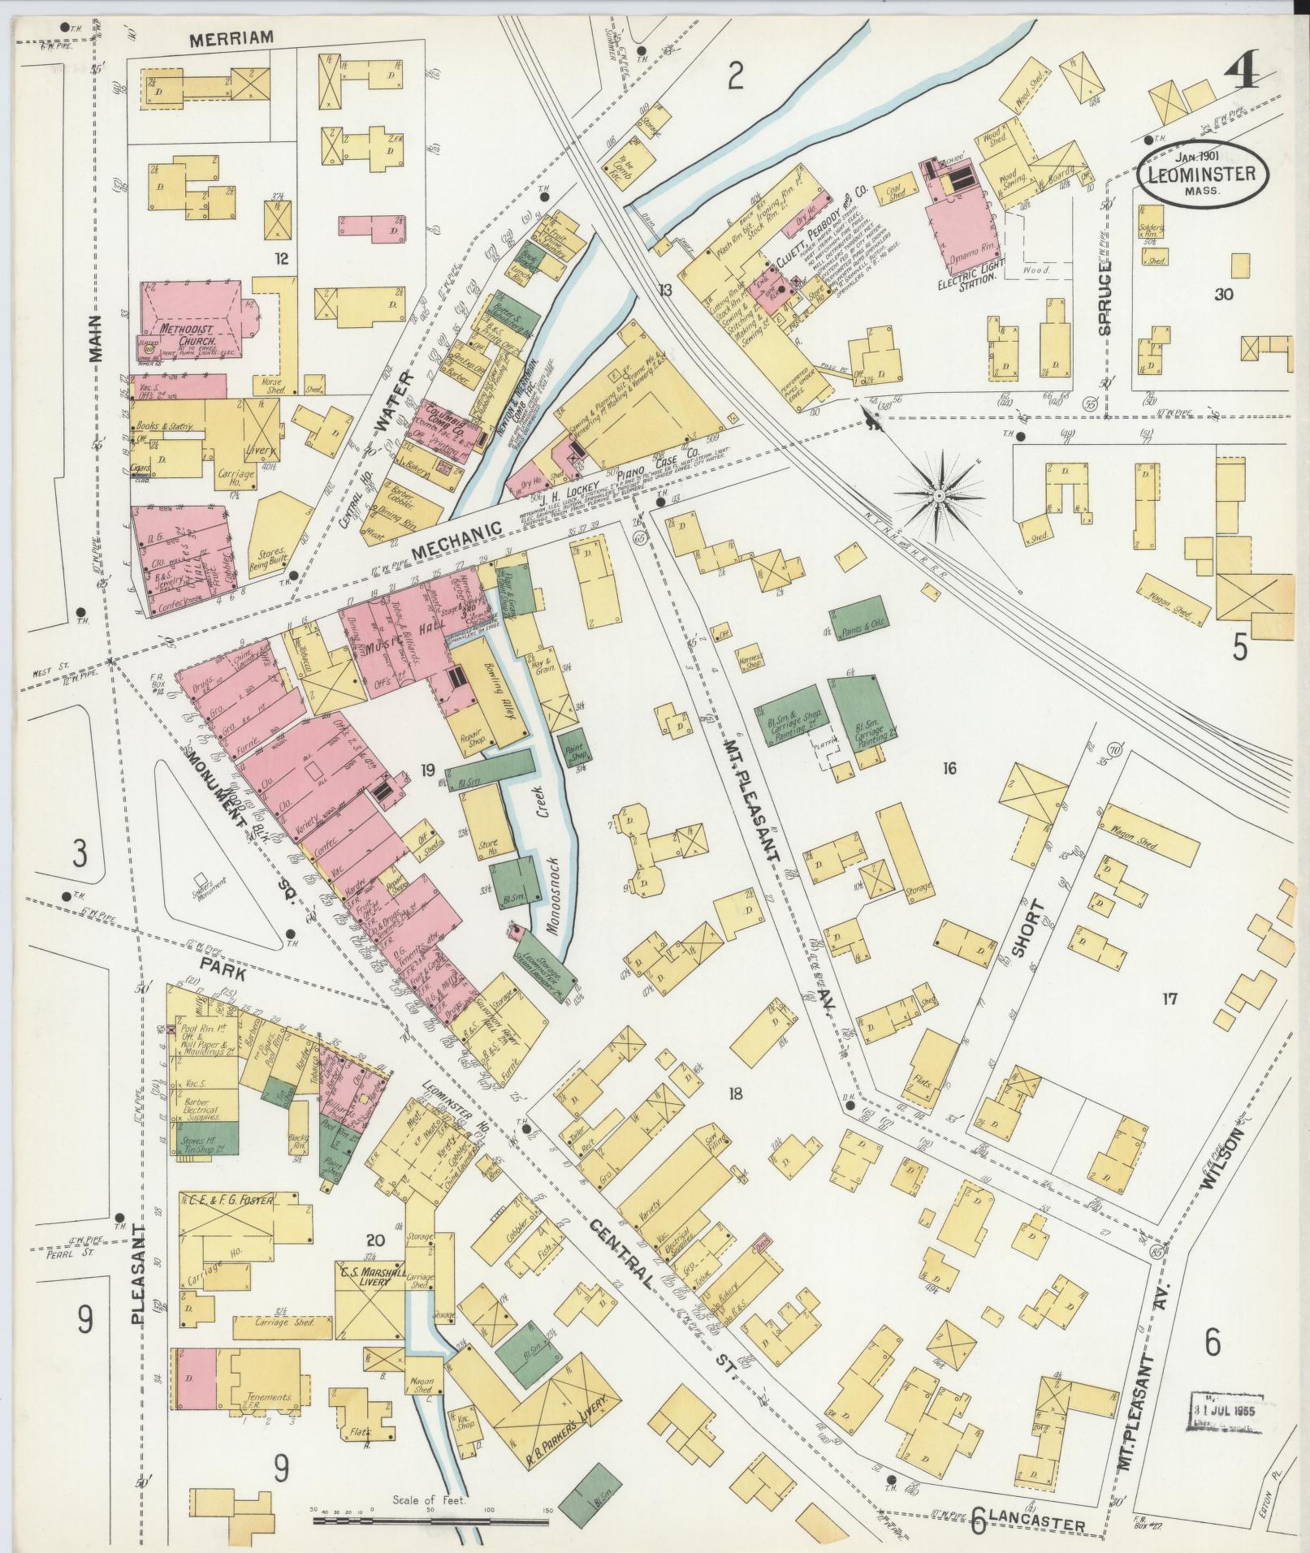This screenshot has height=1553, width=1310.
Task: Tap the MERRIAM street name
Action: [x=231, y=37]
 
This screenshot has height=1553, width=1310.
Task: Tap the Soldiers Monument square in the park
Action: [x=199, y=880]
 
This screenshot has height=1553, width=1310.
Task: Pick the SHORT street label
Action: [x=1029, y=928]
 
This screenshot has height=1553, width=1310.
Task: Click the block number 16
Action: [x=947, y=768]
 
